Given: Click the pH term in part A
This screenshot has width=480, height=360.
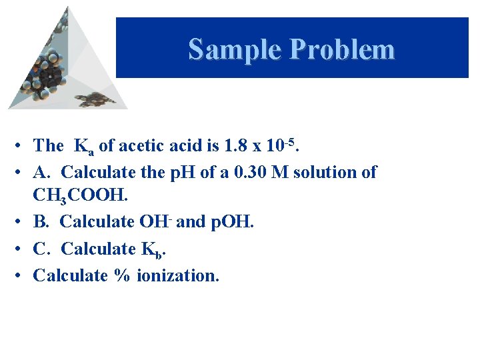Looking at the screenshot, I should click(179, 172).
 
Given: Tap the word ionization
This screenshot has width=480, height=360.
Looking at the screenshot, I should click(177, 275).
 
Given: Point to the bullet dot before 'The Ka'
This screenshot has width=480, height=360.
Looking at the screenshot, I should click(22, 145).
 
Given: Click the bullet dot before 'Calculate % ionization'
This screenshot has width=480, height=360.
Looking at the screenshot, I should click(22, 275).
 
